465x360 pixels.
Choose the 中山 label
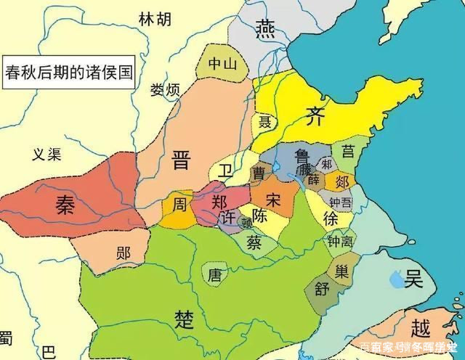[223, 64]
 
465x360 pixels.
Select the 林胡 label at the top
[155, 17]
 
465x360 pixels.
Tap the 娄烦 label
[164, 91]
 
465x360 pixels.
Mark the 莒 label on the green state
[348, 151]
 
